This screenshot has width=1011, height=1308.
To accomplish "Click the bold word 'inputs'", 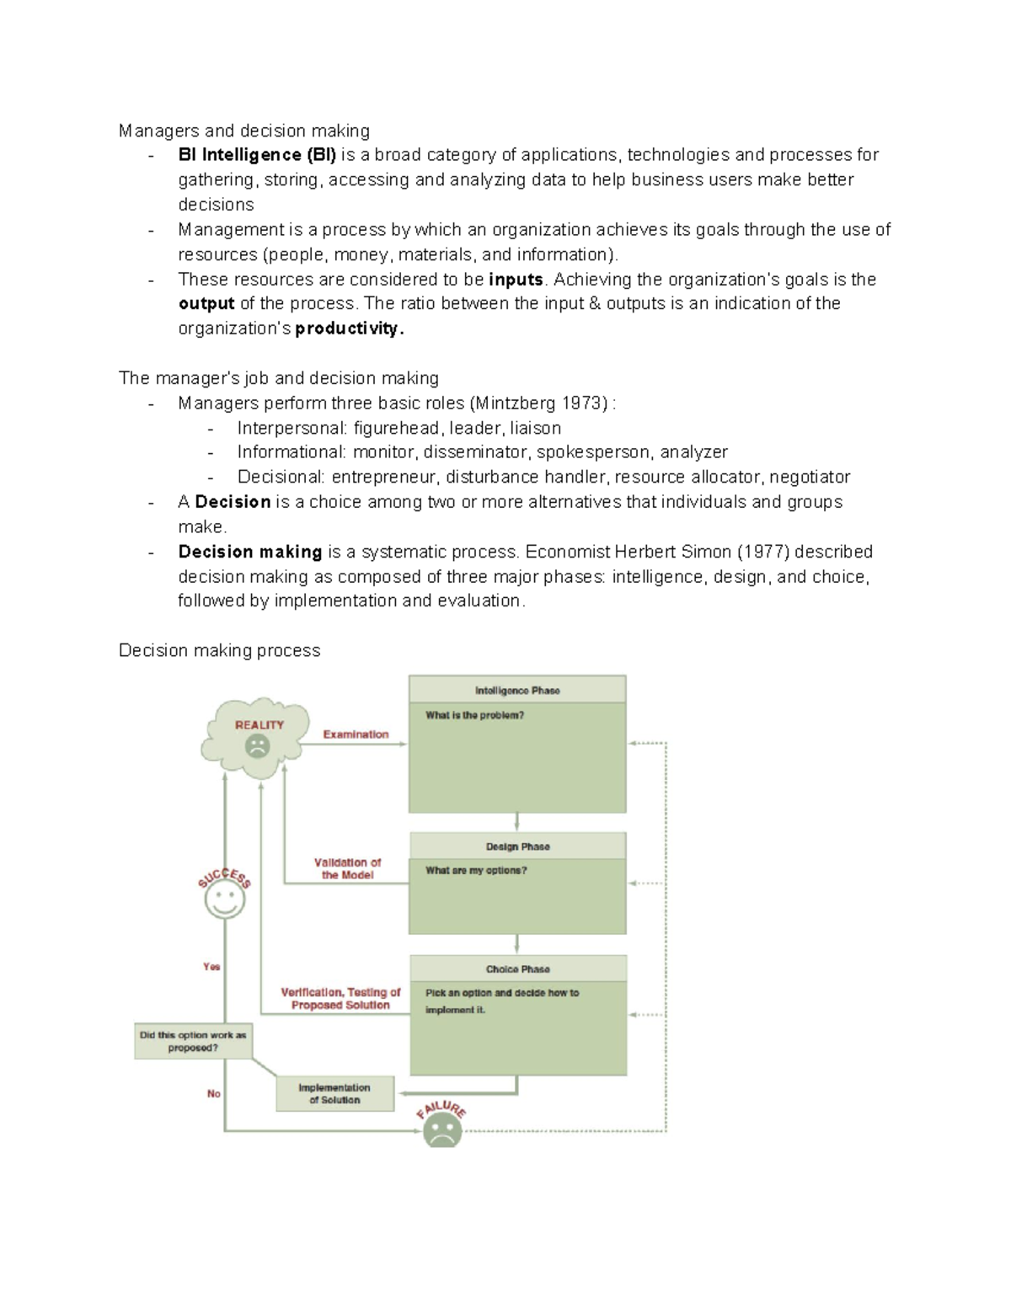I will click(516, 280).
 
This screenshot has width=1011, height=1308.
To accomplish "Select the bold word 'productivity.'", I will click(350, 328).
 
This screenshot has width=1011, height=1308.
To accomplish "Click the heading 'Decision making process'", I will click(220, 650).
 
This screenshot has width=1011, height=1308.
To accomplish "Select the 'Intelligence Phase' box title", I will click(517, 691).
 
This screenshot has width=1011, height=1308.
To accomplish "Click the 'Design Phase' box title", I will click(517, 846).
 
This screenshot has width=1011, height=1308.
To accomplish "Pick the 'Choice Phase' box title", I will click(517, 969).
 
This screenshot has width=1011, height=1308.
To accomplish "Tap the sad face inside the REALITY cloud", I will click(257, 746).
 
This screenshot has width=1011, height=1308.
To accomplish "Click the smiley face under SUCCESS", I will click(224, 900).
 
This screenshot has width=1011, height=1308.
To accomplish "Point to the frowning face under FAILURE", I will click(441, 1129).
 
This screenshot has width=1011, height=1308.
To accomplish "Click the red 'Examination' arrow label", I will click(356, 734).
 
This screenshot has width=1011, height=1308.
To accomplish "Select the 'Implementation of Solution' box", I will click(334, 1094).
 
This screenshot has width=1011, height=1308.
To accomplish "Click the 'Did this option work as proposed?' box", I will click(193, 1042).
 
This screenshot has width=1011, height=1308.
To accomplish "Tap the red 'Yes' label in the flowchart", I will click(211, 967).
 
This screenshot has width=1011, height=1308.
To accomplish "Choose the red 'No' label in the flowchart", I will click(214, 1094).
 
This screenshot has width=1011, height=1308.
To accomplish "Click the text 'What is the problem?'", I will click(474, 716).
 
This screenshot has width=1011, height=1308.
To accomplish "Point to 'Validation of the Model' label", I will click(347, 868).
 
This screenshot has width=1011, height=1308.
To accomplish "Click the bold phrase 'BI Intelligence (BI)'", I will click(257, 155).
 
